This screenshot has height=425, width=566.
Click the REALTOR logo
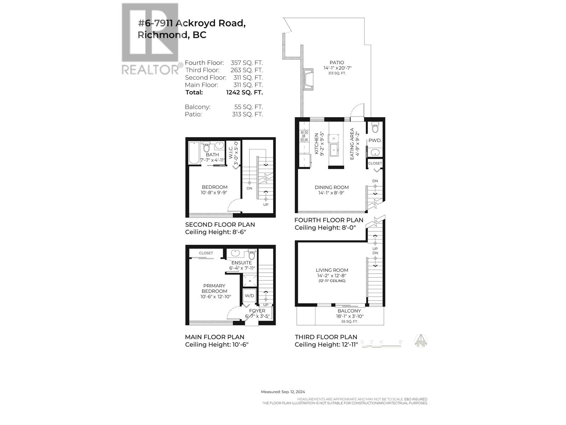(x=150, y=39)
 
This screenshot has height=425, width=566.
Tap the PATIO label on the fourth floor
(x=337, y=63)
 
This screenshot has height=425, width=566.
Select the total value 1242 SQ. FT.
(x=244, y=92)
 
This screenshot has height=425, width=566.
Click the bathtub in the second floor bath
(x=194, y=153)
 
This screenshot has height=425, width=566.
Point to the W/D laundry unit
(x=249, y=295)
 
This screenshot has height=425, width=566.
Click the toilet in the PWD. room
(x=375, y=127)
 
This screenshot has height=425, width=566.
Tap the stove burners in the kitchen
(x=304, y=136)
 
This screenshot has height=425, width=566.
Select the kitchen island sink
(x=334, y=150)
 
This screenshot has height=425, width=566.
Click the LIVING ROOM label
(x=333, y=270)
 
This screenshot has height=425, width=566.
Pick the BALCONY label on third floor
(x=349, y=311)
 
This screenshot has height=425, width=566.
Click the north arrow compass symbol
(x=421, y=341)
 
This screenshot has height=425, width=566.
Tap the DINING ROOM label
(x=332, y=187)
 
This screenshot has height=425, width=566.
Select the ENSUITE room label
(x=242, y=263)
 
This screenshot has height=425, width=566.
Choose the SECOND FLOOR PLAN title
(x=220, y=225)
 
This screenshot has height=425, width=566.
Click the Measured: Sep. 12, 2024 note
(x=283, y=392)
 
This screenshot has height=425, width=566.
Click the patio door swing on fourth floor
(x=358, y=110)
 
